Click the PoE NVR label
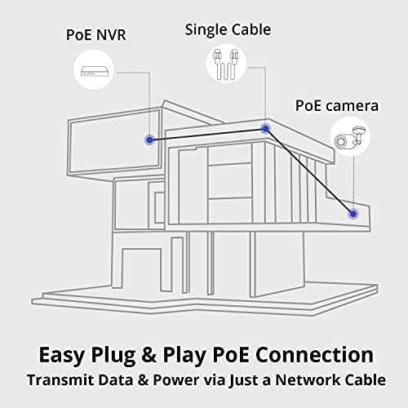pos(96,35)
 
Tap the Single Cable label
pos(228,29)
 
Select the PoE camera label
pos(337,106)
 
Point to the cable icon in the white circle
pos(227,64)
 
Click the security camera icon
pos(350,137)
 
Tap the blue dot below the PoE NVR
pos(150,140)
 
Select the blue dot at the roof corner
pos(265,129)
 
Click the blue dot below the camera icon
pos(353,214)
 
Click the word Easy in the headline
pos(61,356)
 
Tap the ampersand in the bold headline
pos(149,355)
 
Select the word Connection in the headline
pos(315,355)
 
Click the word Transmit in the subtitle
pos(60,379)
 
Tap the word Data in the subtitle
pos(116,379)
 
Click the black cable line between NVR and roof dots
pos(207,135)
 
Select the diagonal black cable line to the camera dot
pos(309,171)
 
